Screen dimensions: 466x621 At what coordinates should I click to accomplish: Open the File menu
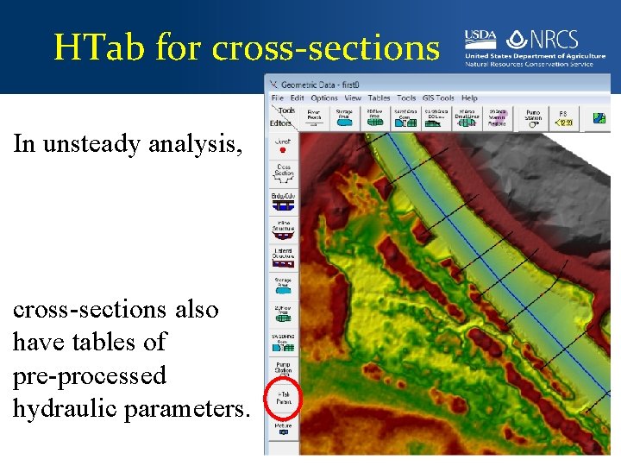[x=277, y=98]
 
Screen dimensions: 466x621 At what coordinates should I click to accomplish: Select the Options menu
[x=324, y=98]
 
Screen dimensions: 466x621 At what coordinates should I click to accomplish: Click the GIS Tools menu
[x=439, y=98]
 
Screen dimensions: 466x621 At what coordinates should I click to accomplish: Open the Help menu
[x=469, y=98]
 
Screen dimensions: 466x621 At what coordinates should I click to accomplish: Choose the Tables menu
[x=379, y=98]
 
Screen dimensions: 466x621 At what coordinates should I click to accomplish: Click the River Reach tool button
[x=314, y=117]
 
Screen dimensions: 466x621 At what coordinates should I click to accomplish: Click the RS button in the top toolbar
[x=562, y=117]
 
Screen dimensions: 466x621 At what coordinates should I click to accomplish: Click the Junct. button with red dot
[x=284, y=146]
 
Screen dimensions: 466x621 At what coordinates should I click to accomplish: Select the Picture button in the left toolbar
[x=284, y=429]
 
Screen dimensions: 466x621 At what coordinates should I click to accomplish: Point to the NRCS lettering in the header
[x=553, y=40]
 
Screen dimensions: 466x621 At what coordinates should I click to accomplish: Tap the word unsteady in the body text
[x=87, y=143]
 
